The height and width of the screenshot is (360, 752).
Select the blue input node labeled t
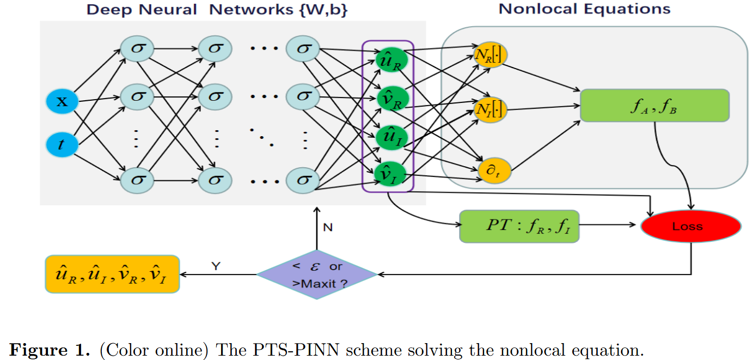pyautogui.click(x=60, y=144)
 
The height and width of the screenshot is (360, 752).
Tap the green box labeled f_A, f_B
pyautogui.click(x=654, y=105)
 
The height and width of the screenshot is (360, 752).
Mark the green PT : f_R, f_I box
pyautogui.click(x=519, y=226)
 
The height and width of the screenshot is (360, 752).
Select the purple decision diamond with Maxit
pyautogui.click(x=316, y=274)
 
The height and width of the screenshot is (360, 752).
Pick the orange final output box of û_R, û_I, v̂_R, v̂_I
pyautogui.click(x=113, y=274)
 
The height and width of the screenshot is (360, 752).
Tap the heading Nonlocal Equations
pyautogui.click(x=584, y=9)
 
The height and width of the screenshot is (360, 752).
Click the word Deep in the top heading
pyautogui.click(x=107, y=9)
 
